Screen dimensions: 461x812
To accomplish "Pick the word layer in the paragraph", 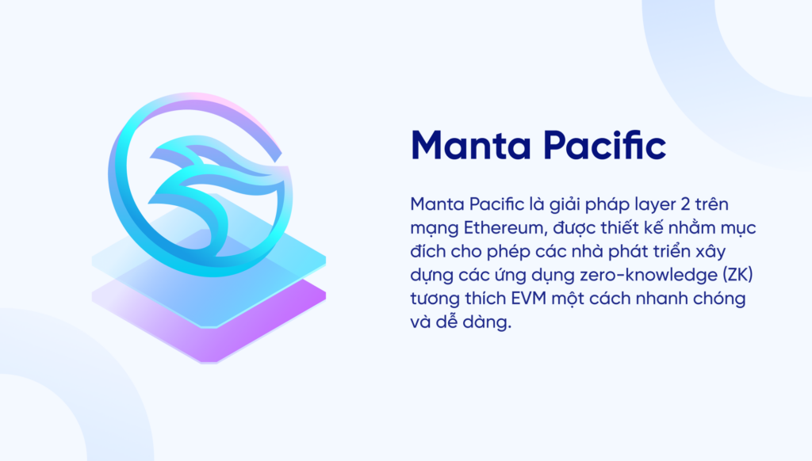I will (x=636, y=204).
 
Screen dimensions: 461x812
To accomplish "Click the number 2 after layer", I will (x=672, y=204).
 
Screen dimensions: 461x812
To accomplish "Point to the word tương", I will (x=433, y=301).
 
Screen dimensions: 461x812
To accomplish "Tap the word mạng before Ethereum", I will (x=431, y=230).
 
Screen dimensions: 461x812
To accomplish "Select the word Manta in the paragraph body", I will (x=435, y=204).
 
